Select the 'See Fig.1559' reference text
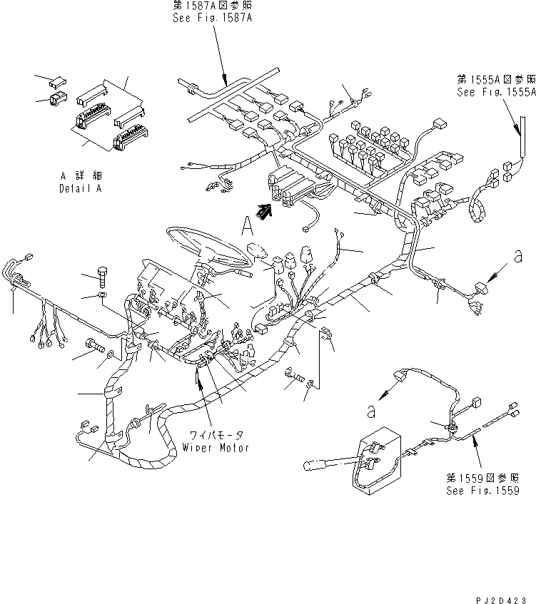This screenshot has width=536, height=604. [x=482, y=491]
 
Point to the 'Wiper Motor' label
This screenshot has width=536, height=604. [x=215, y=448]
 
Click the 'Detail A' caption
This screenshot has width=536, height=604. [x=80, y=189]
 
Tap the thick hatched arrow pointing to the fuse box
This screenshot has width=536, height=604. [x=265, y=210]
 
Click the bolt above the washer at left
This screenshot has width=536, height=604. [x=101, y=275]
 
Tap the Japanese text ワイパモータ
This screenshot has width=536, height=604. [x=215, y=434]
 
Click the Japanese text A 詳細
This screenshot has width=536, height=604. [x=79, y=175]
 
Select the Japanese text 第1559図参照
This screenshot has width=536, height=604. [x=482, y=478]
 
